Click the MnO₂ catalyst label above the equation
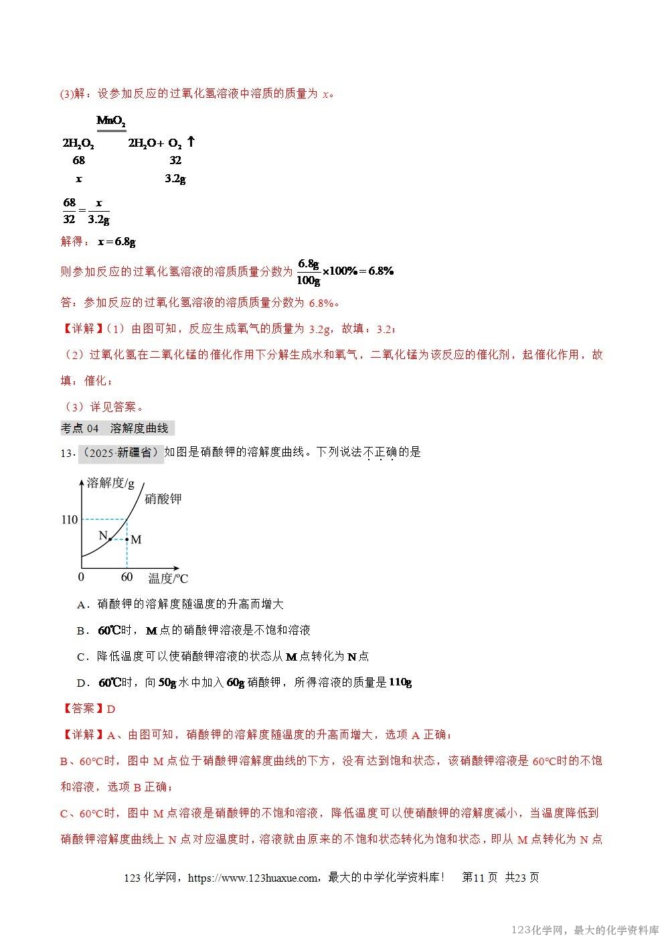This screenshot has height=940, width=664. tap(111, 121)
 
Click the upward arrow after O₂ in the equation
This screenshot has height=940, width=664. tap(191, 142)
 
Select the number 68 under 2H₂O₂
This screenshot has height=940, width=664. tap(79, 160)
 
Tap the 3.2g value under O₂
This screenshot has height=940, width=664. tap(175, 179)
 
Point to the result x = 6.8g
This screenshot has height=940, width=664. tap(116, 241)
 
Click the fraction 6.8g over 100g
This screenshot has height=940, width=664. tap(309, 271)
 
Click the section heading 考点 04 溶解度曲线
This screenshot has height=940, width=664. tap(116, 428)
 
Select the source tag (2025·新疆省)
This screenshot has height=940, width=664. tap(121, 453)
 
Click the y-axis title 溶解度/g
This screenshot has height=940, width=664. tap(111, 483)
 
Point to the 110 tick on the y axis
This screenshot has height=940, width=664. tap(70, 519)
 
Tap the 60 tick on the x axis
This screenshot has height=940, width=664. tap(127, 577)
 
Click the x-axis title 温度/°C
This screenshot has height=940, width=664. tap(168, 578)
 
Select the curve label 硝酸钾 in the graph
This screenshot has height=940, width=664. tap(163, 498)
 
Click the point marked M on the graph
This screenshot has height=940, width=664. tap(127, 539)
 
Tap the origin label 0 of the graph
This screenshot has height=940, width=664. tap(81, 577)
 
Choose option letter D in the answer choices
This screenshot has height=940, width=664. tap(83, 683)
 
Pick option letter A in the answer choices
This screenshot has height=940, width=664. tap(83, 604)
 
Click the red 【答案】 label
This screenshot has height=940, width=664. tap(83, 709)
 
